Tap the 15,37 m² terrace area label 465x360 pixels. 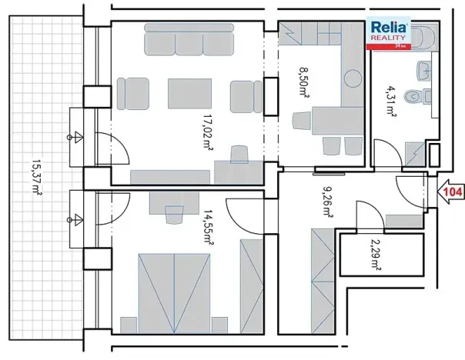pos(38,177)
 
